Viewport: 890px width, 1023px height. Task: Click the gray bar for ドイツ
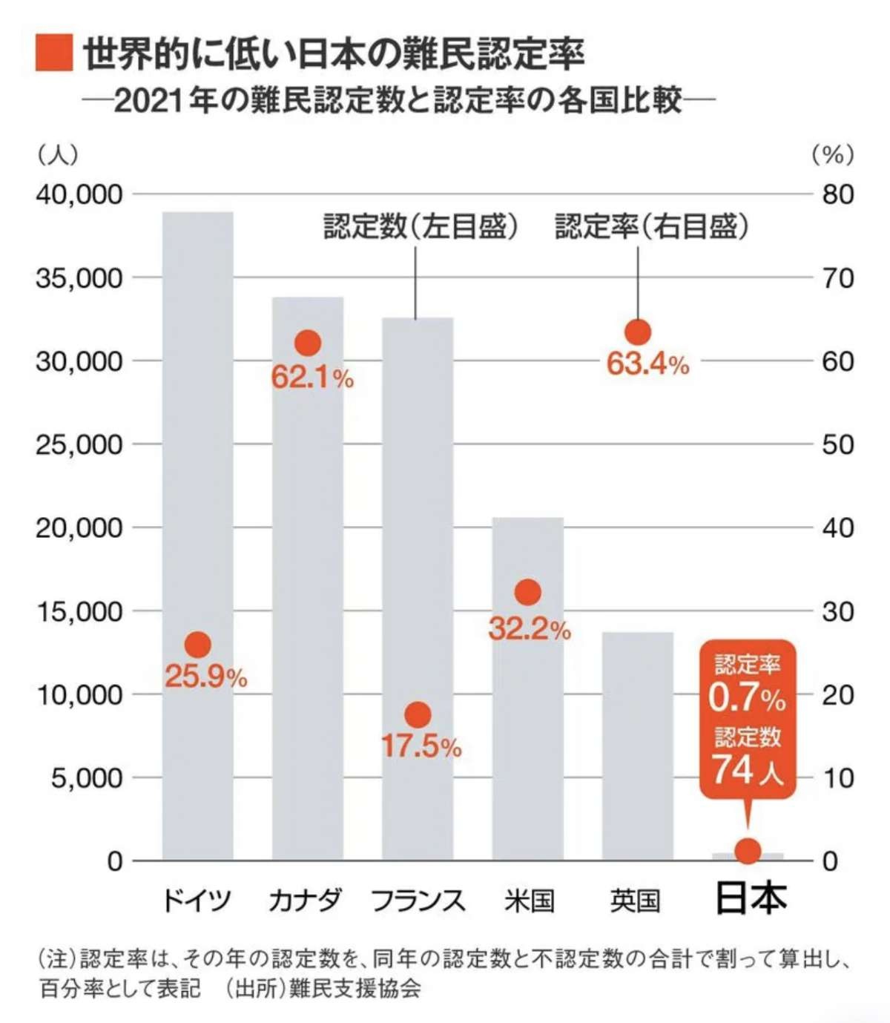198,445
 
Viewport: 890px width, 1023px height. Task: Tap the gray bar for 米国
528,727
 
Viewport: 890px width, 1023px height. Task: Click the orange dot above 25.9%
198,645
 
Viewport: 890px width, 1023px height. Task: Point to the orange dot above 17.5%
418,714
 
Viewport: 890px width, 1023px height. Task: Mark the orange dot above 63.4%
638,332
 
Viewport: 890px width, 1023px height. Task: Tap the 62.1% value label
312,378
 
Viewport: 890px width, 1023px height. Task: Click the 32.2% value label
530,629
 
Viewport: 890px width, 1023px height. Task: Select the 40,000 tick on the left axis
79,194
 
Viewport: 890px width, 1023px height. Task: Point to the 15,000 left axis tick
79,612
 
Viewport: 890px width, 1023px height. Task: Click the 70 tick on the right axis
838,278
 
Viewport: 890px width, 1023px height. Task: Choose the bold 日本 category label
751,899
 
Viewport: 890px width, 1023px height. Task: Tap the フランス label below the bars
418,901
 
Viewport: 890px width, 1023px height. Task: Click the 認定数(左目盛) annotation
421,226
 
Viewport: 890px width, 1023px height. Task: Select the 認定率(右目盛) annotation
652,226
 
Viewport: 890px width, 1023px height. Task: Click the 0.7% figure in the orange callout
746,697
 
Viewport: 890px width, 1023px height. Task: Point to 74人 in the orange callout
748,771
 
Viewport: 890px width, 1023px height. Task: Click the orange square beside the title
54,53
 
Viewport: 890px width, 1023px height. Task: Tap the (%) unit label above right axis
833,154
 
